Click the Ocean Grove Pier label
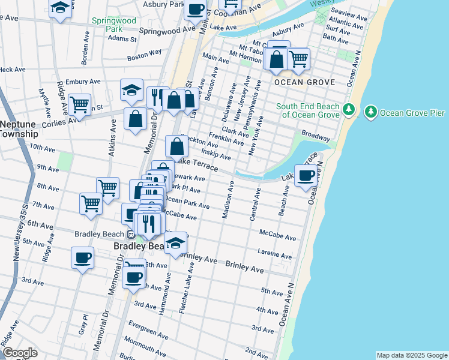(x=408, y=112)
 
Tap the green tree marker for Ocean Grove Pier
(x=371, y=112)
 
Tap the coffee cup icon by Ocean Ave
(x=306, y=175)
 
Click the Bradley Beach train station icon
(x=130, y=234)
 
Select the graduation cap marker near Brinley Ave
(x=175, y=243)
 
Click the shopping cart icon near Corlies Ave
(x=79, y=104)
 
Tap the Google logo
(x=19, y=353)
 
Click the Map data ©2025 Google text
(x=411, y=355)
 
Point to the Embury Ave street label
(x=83, y=82)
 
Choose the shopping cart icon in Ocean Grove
(x=298, y=59)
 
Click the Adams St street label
(x=122, y=38)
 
